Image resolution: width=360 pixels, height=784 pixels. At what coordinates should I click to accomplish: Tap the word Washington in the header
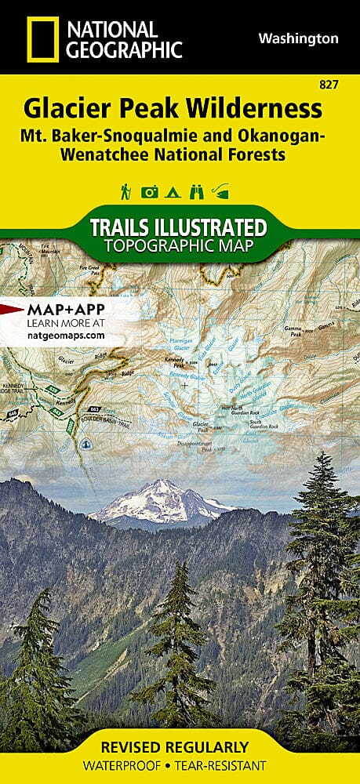coord(299,38)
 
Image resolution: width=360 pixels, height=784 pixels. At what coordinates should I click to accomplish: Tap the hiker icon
coord(125,191)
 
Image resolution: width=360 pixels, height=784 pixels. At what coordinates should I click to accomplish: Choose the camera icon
coord(149,191)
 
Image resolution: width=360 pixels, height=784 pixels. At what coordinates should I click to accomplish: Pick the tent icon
coord(173,191)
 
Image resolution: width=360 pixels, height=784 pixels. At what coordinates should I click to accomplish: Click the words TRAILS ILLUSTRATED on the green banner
coord(179,228)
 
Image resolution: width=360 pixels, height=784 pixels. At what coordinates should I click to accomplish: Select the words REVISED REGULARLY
coord(180,747)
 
